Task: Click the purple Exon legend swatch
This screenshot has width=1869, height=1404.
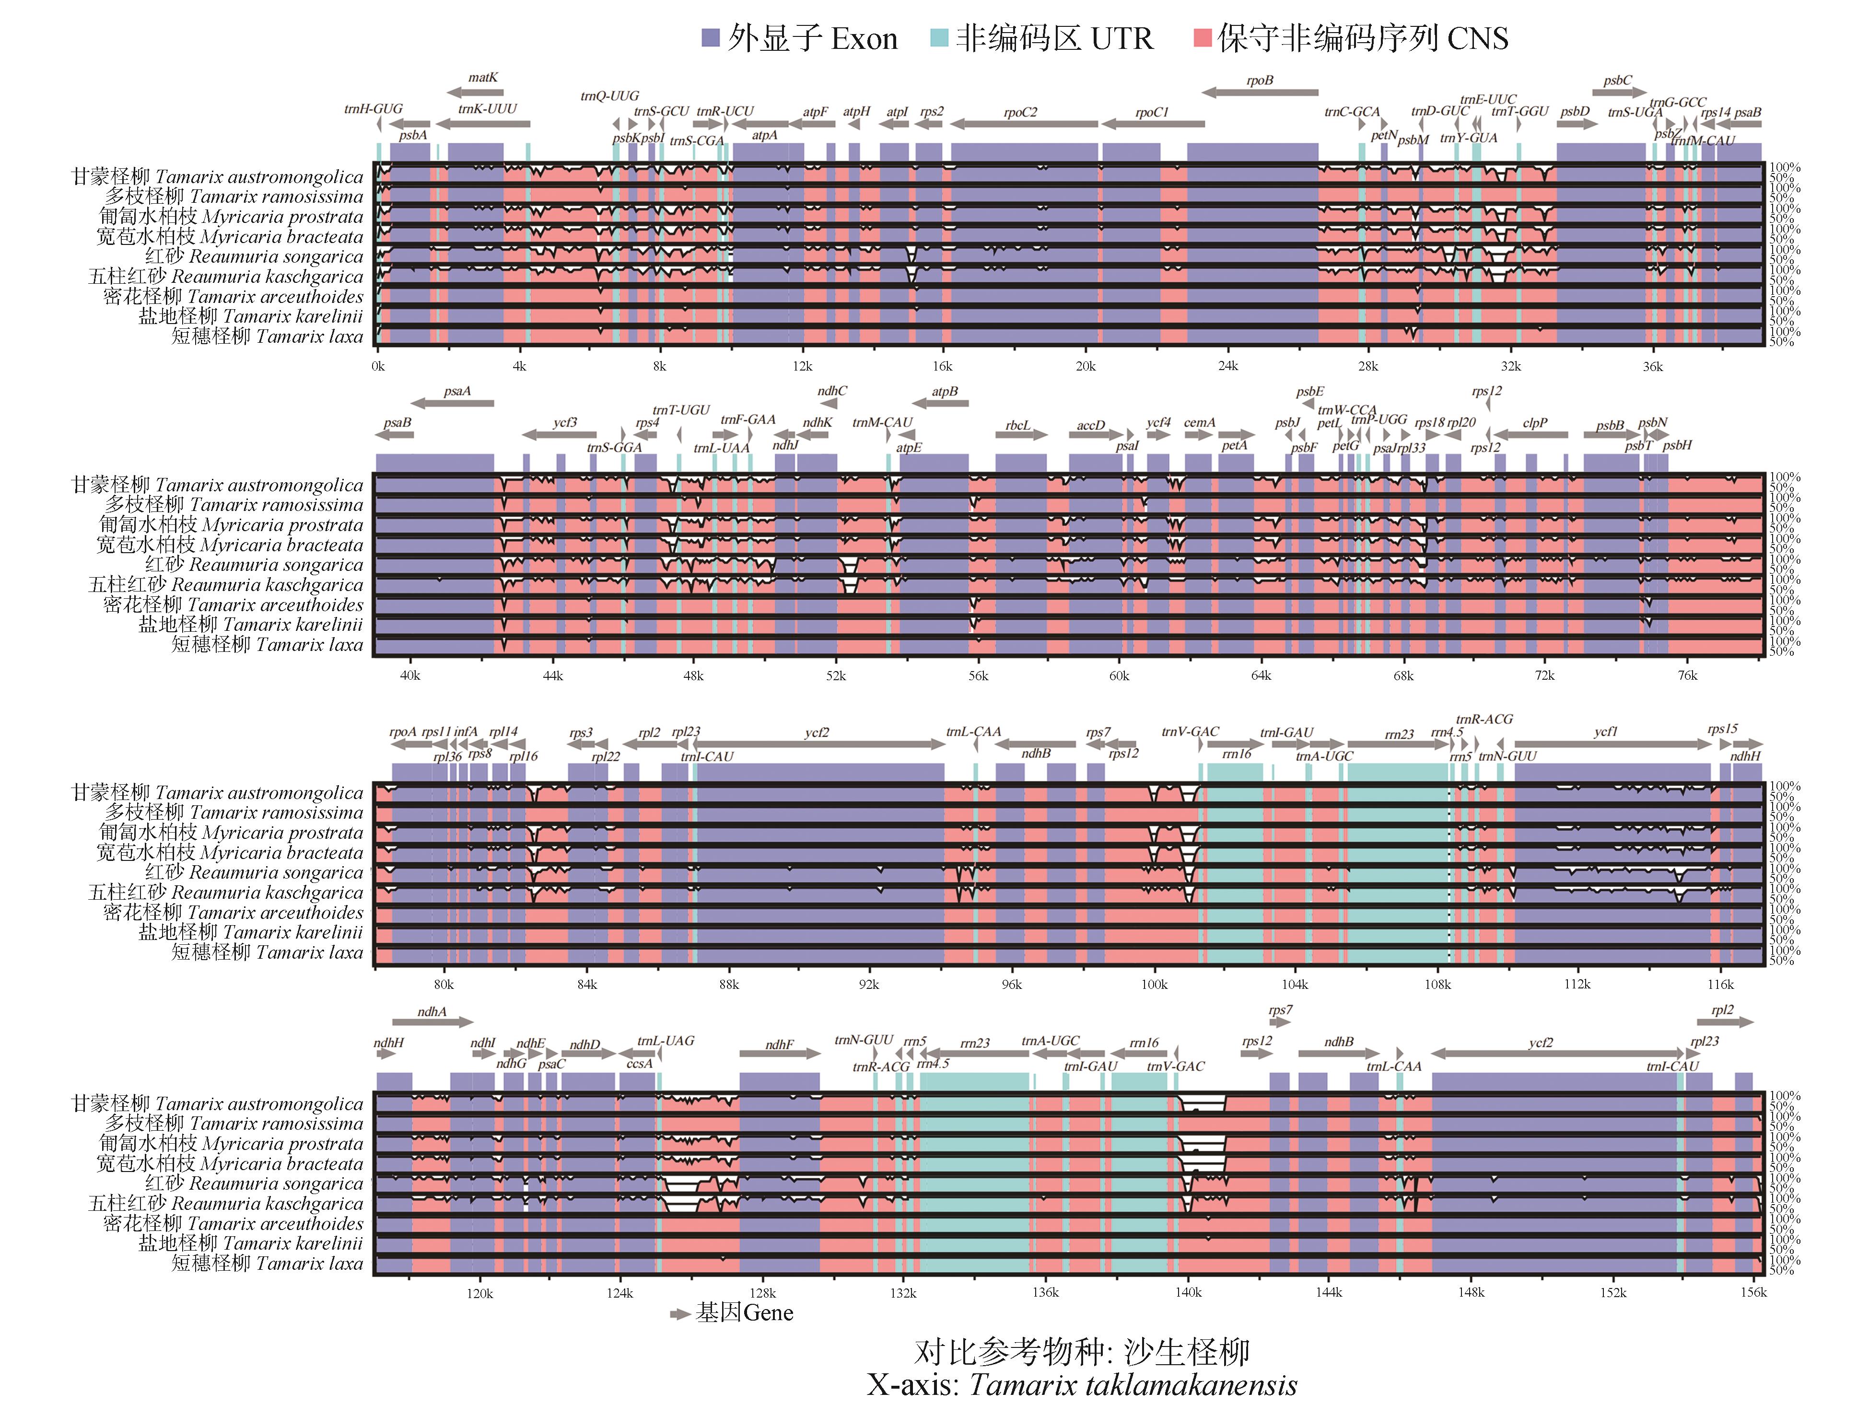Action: click(710, 38)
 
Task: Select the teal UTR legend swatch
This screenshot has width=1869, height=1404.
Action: click(939, 38)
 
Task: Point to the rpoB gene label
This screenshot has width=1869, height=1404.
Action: click(1259, 80)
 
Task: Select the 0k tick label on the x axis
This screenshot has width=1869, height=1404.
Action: click(378, 367)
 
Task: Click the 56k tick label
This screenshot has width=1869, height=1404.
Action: click(978, 676)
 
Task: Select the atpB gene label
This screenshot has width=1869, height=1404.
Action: click(945, 392)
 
